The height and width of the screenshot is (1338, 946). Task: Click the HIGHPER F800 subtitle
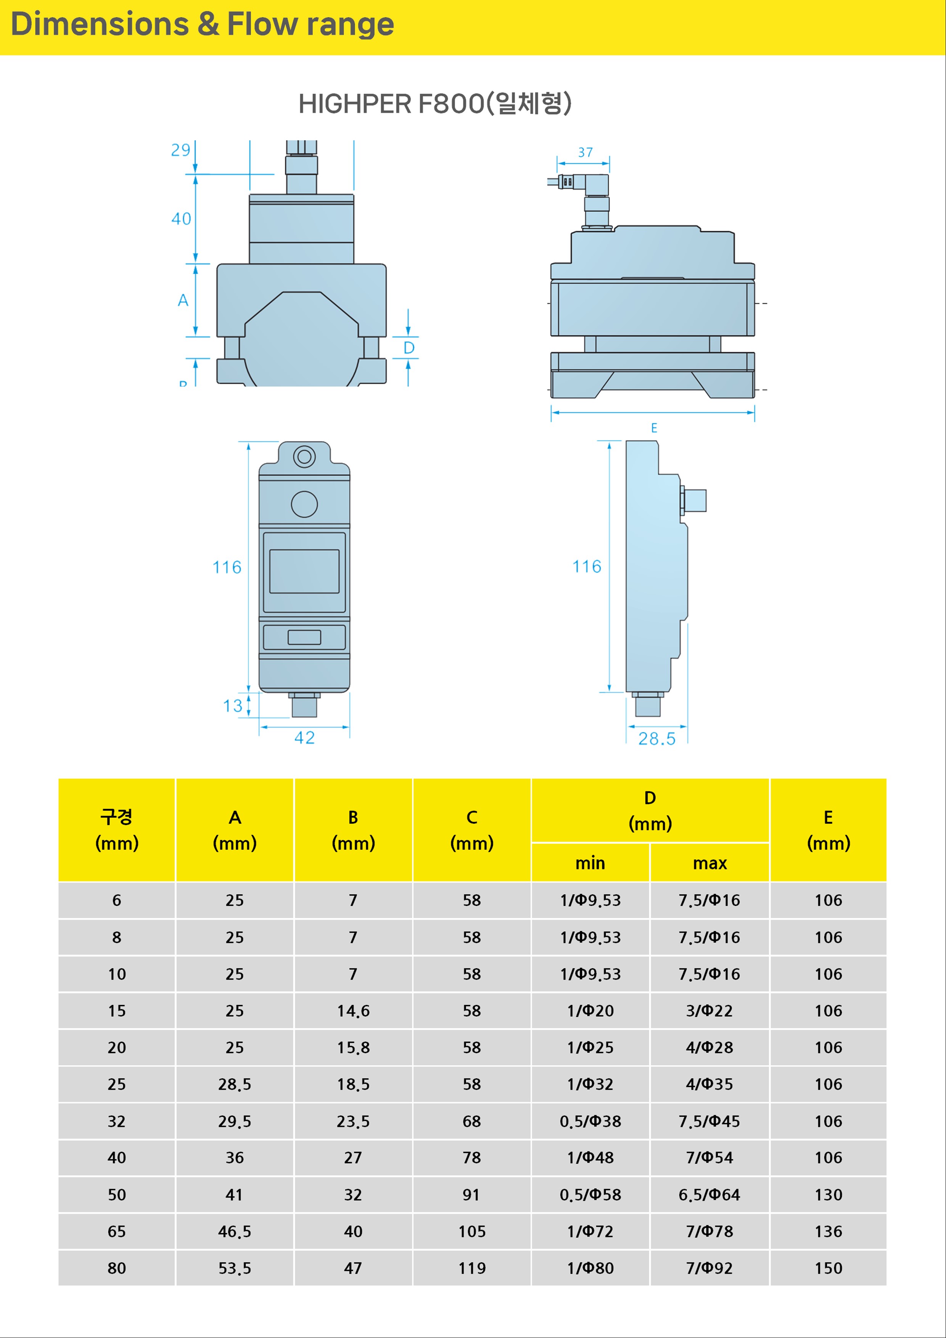tap(435, 104)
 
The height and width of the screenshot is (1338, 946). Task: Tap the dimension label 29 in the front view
tap(181, 150)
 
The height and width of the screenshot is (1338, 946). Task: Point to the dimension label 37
tap(585, 152)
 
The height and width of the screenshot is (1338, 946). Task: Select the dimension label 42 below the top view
tap(304, 738)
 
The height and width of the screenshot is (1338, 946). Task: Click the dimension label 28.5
tap(657, 739)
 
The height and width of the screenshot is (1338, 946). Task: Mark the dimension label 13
tap(233, 706)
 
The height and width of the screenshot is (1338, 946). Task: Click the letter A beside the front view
tap(183, 300)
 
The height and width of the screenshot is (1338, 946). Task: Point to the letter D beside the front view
tap(409, 348)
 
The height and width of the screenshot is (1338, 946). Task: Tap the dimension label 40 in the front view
tap(181, 219)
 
